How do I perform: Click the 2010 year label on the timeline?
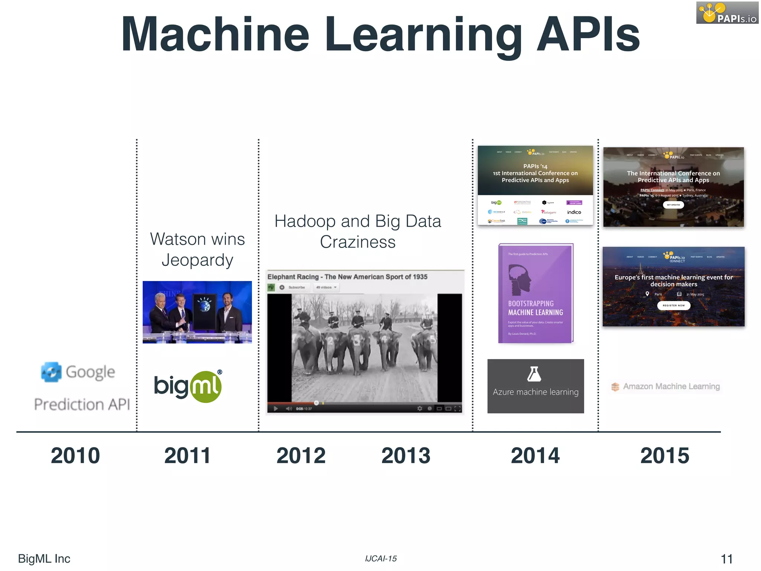coord(75,455)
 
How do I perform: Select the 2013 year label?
coord(406,455)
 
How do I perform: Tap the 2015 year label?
coord(664,455)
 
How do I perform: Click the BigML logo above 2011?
coord(188,387)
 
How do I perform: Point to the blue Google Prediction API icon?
coord(51,372)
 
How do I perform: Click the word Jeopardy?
coord(197,260)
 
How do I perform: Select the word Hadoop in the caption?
coord(305,221)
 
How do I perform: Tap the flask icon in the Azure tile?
coord(534,374)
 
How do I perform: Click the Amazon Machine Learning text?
coord(671,387)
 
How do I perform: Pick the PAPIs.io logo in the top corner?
coord(727,13)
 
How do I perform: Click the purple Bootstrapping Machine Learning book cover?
coord(535,294)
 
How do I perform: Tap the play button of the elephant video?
coord(276,409)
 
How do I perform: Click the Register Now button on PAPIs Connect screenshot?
coord(674,306)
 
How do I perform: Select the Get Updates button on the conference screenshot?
coord(673,205)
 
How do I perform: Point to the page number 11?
coord(726,559)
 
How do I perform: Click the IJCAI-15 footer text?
coord(380,559)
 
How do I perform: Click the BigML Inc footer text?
coord(44,559)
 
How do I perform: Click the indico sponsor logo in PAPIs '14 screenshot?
coord(574,212)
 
